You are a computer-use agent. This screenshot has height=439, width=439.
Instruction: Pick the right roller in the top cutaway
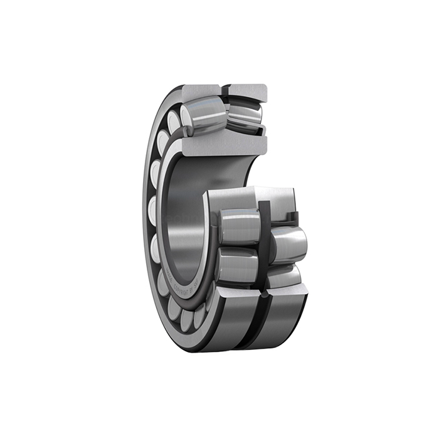[x=244, y=116]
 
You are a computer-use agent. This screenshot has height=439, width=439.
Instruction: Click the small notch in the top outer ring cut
[x=225, y=88]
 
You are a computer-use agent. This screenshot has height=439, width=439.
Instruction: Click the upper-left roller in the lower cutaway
[x=240, y=226]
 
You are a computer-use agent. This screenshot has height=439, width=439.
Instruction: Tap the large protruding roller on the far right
[x=288, y=244]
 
